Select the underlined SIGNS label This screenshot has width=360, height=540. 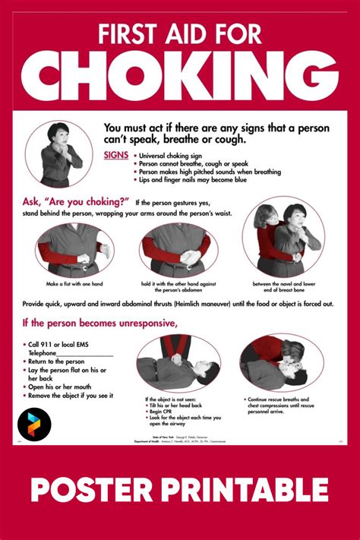click(x=116, y=154)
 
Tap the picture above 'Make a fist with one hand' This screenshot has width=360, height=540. click(x=74, y=251)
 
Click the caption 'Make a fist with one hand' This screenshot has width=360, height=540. click(x=74, y=283)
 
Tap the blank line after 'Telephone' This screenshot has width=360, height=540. click(x=85, y=354)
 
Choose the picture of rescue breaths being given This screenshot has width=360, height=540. click(x=282, y=363)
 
